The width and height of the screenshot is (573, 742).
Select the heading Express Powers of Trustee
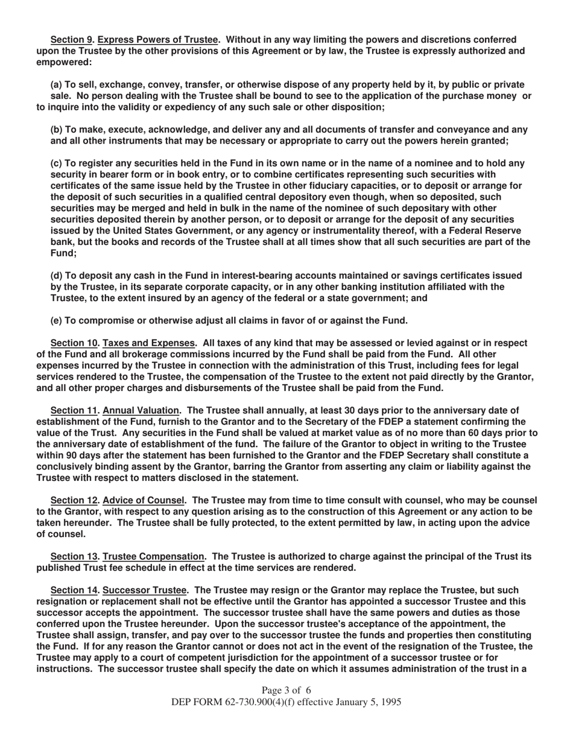pos(157,40)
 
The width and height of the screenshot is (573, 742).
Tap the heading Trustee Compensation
pos(154,556)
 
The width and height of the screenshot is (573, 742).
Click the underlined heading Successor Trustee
pos(145,590)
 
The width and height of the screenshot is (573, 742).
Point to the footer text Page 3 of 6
pos(286,690)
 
